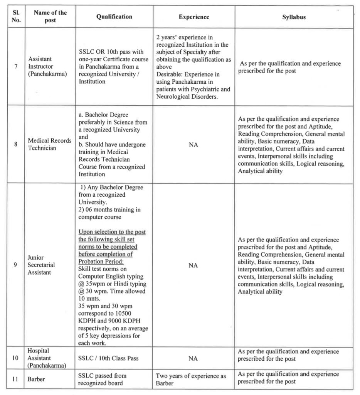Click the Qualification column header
(x=114, y=17)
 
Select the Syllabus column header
(x=294, y=17)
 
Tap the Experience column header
(x=194, y=17)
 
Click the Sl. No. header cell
(x=16, y=17)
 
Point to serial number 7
(x=16, y=66)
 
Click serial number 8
(x=16, y=144)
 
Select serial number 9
(x=16, y=265)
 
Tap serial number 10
(x=15, y=358)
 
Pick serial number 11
(x=15, y=379)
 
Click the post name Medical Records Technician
(x=50, y=144)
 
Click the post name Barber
(x=36, y=379)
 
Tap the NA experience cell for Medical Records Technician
(x=193, y=145)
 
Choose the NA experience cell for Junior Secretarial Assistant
(x=193, y=265)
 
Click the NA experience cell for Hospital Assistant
(x=193, y=359)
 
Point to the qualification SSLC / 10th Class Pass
(x=108, y=358)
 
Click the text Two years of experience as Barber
(x=191, y=379)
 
